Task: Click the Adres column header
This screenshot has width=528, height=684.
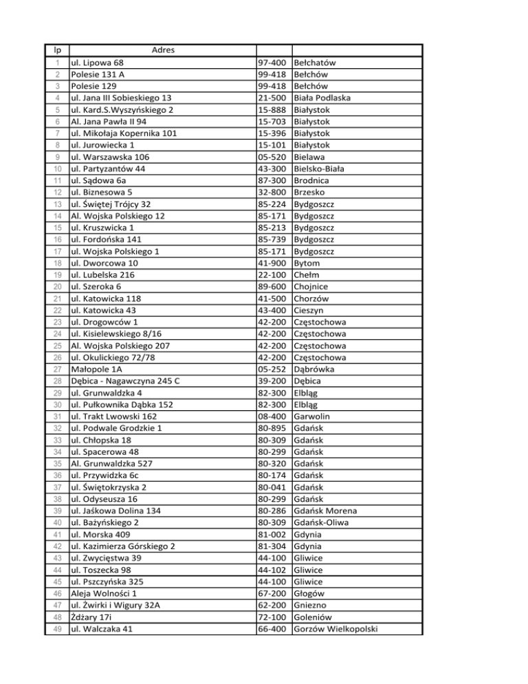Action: pos(163,50)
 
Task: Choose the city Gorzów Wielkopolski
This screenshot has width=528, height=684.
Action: pos(340,628)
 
